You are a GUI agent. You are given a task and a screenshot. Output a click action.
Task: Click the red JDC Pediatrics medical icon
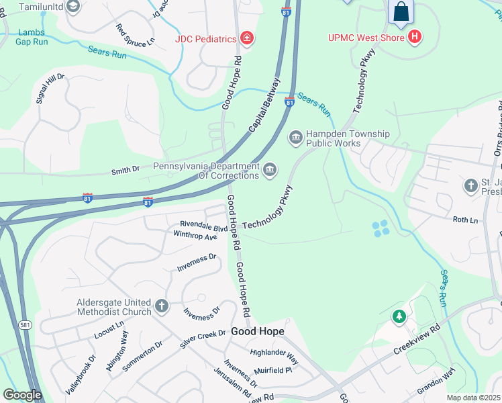pyautogui.click(x=248, y=38)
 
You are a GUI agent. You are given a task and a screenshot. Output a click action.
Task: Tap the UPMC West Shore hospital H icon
pyautogui.click(x=415, y=37)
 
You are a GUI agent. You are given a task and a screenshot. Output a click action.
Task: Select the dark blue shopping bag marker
pyautogui.click(x=401, y=12)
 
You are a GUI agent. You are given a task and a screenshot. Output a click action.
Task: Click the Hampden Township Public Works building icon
pyautogui.click(x=295, y=138)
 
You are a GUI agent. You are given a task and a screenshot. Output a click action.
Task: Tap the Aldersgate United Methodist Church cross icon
pyautogui.click(x=161, y=307)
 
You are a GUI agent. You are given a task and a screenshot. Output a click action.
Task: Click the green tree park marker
pyautogui.click(x=399, y=316)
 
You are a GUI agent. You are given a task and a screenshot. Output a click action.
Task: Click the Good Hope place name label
pyautogui.click(x=258, y=332)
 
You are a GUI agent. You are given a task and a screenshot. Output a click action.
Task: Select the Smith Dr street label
pyautogui.click(x=125, y=171)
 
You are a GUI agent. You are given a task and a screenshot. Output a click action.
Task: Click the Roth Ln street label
pyautogui.click(x=465, y=220)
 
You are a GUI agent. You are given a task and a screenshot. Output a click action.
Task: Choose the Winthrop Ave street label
pyautogui.click(x=195, y=236)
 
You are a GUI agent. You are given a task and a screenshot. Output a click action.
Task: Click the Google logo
pyautogui.click(x=23, y=395)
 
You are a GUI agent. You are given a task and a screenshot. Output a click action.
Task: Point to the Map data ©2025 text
pyautogui.click(x=473, y=398)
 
